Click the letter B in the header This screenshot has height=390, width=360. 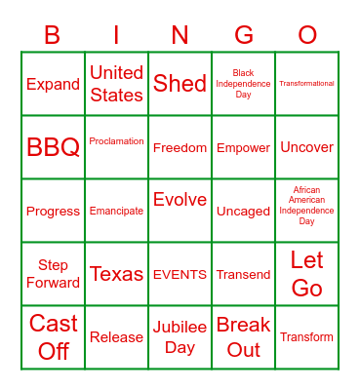pos(53,36)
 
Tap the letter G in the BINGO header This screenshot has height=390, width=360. pos(244,36)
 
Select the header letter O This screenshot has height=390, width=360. pos(307,36)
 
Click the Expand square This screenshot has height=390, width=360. pos(53,84)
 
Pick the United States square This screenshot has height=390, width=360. pos(116,84)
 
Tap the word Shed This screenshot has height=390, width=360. pos(180,84)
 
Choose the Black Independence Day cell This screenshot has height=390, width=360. pos(244,84)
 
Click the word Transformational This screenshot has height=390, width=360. pos(307,84)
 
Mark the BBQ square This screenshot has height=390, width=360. pos(53,147)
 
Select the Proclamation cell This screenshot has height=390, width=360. pos(116,141)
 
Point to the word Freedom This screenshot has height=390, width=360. pos(180,147)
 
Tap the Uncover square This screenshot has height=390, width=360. pos(307,147)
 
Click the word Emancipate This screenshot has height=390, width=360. pos(116,211)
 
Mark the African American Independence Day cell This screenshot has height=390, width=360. pos(307,206)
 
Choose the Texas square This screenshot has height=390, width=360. pos(116,274)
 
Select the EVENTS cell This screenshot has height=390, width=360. pos(180,274)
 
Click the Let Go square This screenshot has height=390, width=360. pos(307,274)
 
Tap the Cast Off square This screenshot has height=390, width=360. pos(53,336)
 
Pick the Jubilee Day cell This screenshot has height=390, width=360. pos(180,336)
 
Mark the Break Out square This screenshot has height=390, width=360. pos(244,336)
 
